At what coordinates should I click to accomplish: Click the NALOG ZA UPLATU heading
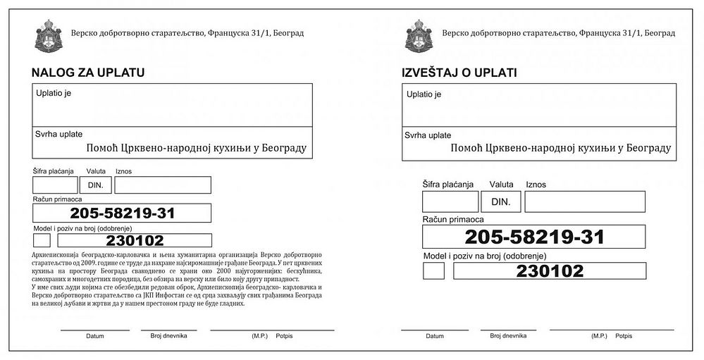[x=87, y=72]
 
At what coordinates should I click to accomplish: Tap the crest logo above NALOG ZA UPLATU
[x=47, y=35]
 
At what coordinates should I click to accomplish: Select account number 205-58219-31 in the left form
[x=123, y=213]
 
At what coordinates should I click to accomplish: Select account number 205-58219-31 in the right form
[x=534, y=237]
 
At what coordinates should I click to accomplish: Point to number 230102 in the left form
[x=144, y=240]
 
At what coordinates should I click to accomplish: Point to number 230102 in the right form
[x=550, y=271]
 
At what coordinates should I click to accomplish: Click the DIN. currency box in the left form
[x=95, y=185]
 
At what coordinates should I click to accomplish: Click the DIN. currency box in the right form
[x=501, y=201]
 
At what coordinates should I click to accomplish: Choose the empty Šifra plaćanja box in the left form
[x=55, y=185]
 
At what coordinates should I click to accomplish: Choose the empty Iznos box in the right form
[x=584, y=201]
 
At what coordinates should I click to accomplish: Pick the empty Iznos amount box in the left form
[x=163, y=185]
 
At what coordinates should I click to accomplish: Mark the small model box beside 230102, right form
[x=433, y=271]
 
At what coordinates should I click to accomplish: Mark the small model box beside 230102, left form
[x=42, y=240]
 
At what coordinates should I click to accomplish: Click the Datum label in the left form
[x=94, y=336]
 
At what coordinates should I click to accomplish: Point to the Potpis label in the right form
[x=623, y=336]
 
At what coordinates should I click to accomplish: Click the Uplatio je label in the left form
[x=53, y=92]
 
